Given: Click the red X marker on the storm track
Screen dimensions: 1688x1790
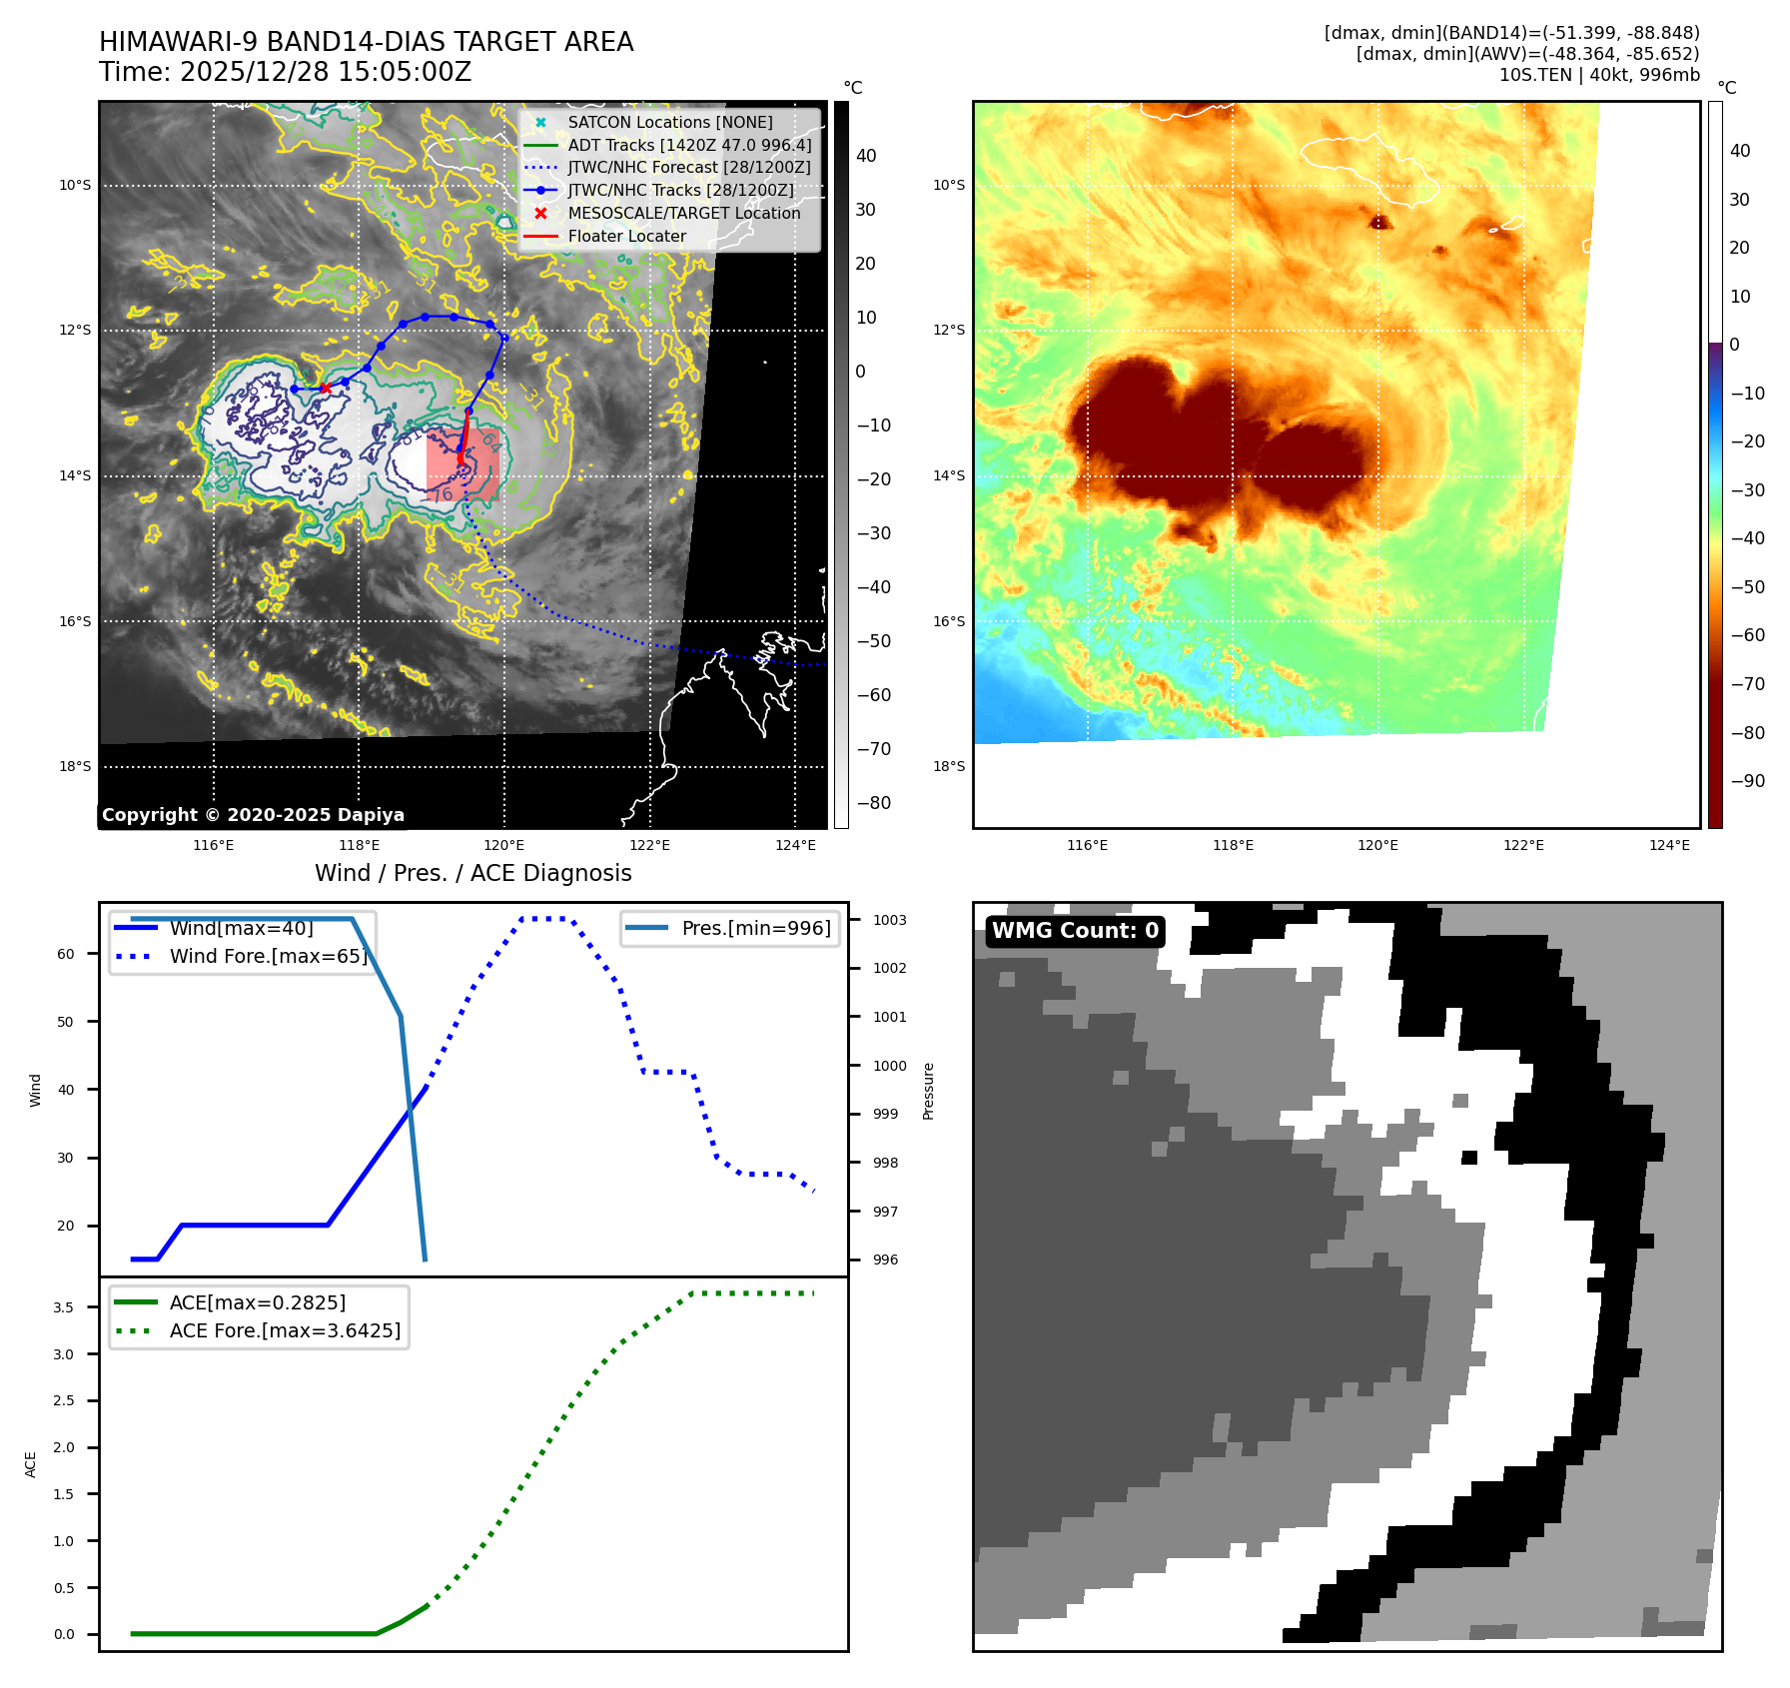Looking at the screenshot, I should click(x=326, y=388).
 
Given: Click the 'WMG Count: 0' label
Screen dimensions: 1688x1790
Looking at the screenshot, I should click(x=1075, y=931).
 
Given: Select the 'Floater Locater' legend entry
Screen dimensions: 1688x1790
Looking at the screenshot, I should click(x=626, y=237).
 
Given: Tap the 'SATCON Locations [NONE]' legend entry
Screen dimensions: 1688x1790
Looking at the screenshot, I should click(x=669, y=122).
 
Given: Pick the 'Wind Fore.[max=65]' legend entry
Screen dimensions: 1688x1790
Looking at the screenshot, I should click(x=268, y=956).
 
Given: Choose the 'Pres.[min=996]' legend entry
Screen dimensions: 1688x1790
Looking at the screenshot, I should click(x=755, y=928).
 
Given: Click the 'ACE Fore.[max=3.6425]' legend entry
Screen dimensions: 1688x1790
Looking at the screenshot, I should click(x=285, y=1330).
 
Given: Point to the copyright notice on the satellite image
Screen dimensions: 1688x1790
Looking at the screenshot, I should click(x=253, y=815).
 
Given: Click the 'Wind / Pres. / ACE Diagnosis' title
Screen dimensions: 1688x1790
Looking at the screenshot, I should click(x=472, y=873).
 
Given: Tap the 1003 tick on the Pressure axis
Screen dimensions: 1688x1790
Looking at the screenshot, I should click(x=889, y=920).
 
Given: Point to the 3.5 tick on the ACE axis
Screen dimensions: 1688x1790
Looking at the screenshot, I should click(x=63, y=1307).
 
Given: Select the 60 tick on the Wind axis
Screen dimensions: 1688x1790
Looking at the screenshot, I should click(x=65, y=954).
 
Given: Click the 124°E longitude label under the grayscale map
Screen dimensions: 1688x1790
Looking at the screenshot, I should click(x=795, y=845).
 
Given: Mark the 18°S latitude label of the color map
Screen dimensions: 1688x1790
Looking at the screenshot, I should click(x=949, y=766).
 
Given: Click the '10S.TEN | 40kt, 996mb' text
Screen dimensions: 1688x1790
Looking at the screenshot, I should click(x=1598, y=75).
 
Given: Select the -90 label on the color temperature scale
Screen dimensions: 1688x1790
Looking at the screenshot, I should click(x=1746, y=781).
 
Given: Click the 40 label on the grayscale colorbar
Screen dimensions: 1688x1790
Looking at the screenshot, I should click(x=866, y=156).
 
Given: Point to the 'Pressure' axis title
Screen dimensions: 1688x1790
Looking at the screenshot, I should click(x=928, y=1091).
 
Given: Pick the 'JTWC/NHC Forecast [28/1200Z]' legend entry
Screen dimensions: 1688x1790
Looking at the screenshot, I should click(x=688, y=168).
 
